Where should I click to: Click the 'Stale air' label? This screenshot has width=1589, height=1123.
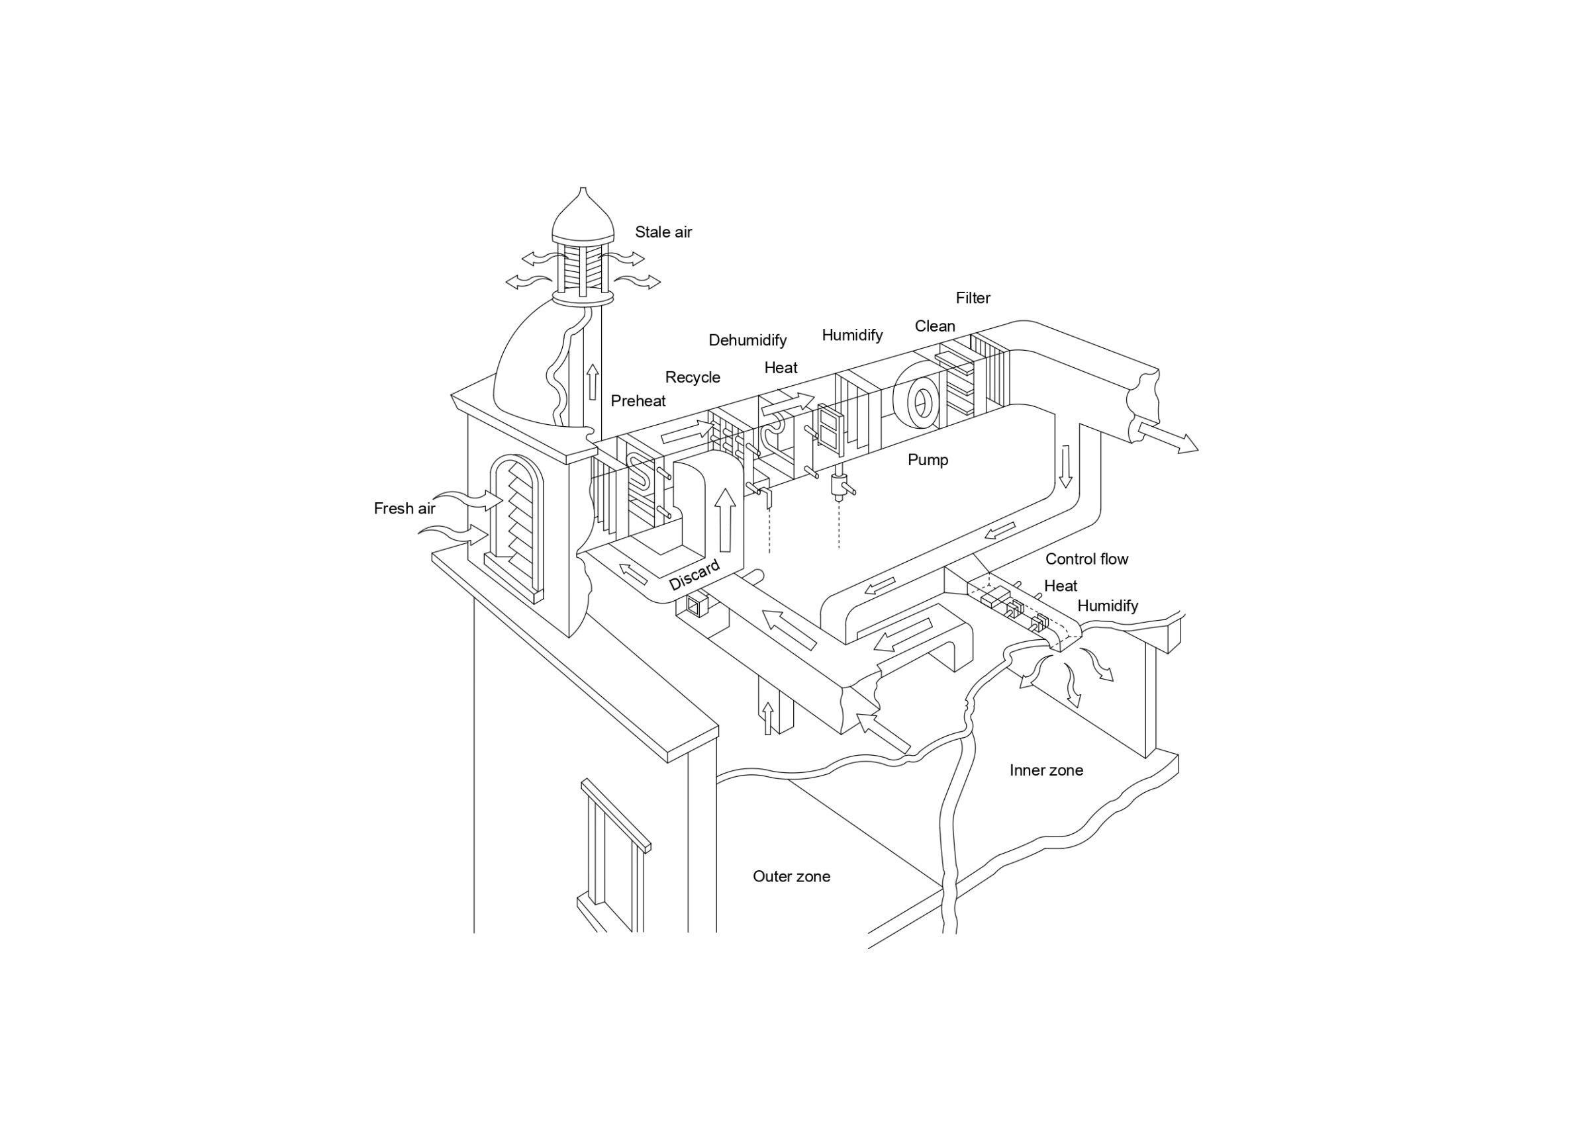coord(663,232)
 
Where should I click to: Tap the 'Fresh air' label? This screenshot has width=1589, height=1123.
coord(404,509)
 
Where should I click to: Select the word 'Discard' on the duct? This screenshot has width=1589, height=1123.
coord(694,576)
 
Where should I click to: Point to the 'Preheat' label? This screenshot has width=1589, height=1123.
coord(638,400)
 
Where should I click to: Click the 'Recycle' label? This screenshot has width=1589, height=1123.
coord(693,378)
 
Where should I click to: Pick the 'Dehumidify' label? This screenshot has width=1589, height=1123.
coord(747,340)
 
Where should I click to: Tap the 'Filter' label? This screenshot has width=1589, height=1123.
coord(973,298)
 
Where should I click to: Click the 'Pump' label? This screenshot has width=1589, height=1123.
coord(928,460)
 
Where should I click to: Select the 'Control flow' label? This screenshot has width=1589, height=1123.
coord(1086,559)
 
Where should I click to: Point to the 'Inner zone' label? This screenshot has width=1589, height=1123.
coord(1046,770)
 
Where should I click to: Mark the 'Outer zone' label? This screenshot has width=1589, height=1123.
coord(792,877)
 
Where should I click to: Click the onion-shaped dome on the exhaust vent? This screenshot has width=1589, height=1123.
coord(583,216)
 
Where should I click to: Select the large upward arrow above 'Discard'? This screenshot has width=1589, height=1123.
coord(725,520)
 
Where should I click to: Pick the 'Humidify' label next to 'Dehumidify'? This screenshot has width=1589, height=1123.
coord(852,336)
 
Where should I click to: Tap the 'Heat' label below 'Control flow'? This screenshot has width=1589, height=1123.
coord(1060,586)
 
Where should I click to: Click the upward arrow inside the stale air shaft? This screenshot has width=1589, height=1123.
coord(593,382)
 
